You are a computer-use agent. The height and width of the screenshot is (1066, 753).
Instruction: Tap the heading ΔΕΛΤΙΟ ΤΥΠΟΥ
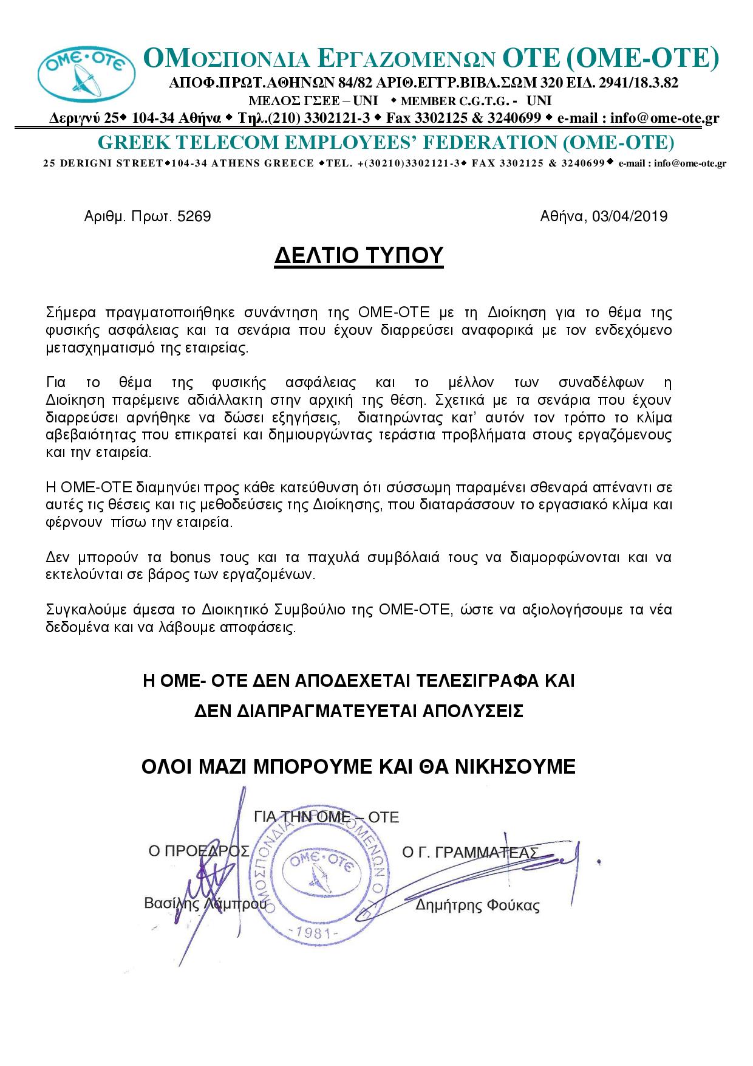(x=359, y=256)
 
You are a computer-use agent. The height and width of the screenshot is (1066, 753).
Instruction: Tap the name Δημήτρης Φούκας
(x=477, y=906)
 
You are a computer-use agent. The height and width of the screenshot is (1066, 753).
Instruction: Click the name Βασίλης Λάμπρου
(x=205, y=903)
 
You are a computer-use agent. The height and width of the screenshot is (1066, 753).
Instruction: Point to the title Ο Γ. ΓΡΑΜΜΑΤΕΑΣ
(x=470, y=852)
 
